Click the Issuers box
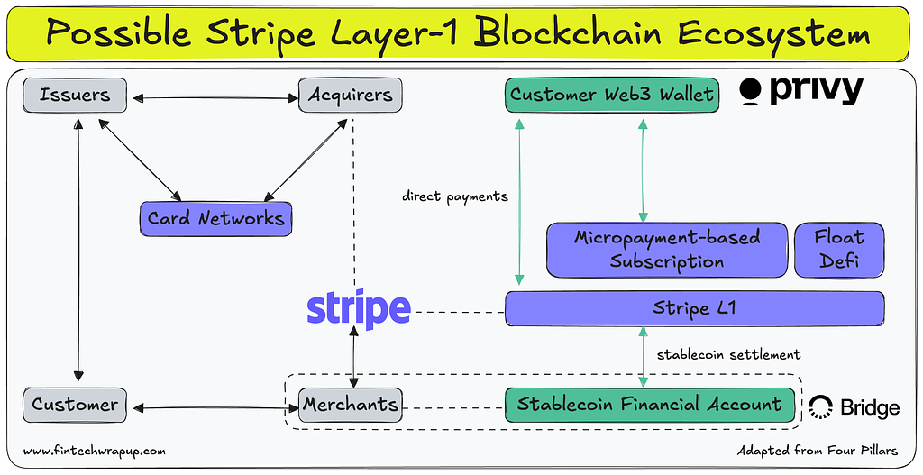coord(74,95)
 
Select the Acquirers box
coord(350,95)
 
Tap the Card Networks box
coord(215,218)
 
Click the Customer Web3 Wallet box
coord(612,94)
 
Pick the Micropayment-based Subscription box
coord(666,250)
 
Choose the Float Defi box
coord(838,250)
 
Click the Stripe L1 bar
coord(693,308)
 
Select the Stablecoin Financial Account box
coord(649,405)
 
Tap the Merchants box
coord(350,406)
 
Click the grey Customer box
coord(74,405)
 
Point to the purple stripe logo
coord(359,308)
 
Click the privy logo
coord(801,90)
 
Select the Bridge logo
coord(854,407)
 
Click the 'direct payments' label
coord(454,196)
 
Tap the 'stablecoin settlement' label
coord(728,354)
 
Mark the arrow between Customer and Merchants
coord(213,408)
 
